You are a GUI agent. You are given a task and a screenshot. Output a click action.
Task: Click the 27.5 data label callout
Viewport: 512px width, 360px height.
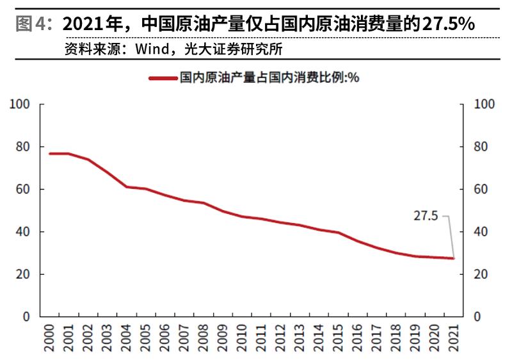(x=425, y=217)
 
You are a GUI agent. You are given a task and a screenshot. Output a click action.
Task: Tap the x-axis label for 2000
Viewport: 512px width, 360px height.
(x=49, y=338)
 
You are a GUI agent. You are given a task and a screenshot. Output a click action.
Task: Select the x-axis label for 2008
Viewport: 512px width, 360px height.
(x=203, y=338)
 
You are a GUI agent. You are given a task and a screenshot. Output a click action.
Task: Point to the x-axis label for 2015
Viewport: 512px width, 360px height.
(x=337, y=338)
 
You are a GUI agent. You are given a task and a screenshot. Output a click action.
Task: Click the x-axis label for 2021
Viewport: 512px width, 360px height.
(x=452, y=338)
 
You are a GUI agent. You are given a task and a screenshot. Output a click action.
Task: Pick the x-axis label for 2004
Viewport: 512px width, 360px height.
(x=126, y=338)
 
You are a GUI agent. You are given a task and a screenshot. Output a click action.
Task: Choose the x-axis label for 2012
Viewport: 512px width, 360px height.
(x=280, y=338)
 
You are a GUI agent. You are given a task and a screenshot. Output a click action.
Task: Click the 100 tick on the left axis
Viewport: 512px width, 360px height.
(x=22, y=104)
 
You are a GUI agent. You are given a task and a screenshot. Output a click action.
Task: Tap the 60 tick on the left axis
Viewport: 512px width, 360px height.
(x=24, y=190)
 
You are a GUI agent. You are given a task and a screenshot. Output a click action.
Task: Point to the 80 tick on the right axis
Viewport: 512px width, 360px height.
(x=481, y=147)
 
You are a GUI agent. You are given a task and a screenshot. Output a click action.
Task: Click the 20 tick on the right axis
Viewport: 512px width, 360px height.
(x=481, y=274)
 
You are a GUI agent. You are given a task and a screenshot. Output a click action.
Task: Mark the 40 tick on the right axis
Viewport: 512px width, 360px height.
(x=481, y=232)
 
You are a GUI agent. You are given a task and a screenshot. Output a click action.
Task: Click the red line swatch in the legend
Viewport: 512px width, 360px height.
(x=163, y=78)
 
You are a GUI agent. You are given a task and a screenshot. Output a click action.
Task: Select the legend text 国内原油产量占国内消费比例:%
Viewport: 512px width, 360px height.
(x=269, y=78)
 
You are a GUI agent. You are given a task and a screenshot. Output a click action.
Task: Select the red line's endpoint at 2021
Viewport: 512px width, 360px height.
(x=453, y=258)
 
